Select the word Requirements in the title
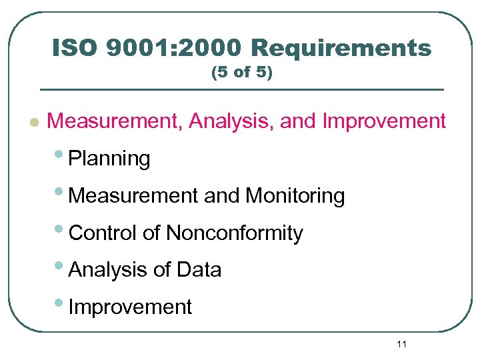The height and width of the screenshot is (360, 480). pyautogui.click(x=341, y=48)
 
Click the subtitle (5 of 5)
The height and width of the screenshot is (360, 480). pyautogui.click(x=241, y=73)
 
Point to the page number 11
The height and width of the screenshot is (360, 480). pyautogui.click(x=401, y=344)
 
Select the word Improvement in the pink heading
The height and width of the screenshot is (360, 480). pyautogui.click(x=384, y=121)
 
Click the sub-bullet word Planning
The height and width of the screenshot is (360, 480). pyautogui.click(x=109, y=159)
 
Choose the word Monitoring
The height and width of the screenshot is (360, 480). pyautogui.click(x=295, y=196)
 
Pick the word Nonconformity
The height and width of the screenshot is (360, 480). pyautogui.click(x=234, y=233)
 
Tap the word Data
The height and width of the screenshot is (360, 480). pyautogui.click(x=199, y=270)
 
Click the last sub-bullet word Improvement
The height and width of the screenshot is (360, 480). pyautogui.click(x=130, y=307)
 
